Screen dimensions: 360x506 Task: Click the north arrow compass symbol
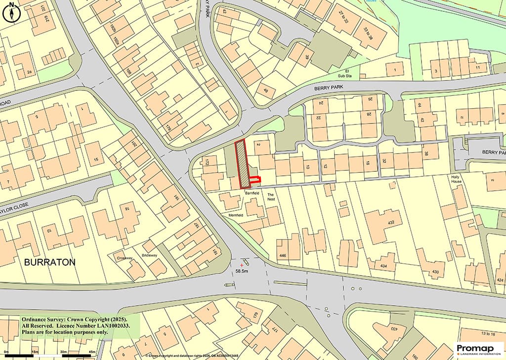pos(11,12)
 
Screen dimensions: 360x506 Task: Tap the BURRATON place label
pos(50,262)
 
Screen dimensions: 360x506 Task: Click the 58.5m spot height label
pos(242,271)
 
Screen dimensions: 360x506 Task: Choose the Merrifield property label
pos(235,216)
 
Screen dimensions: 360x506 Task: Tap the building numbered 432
pos(391,223)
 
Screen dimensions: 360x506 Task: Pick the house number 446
pos(283,255)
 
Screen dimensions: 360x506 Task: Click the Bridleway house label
pos(150,255)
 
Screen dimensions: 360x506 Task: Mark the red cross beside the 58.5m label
pos(241,266)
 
